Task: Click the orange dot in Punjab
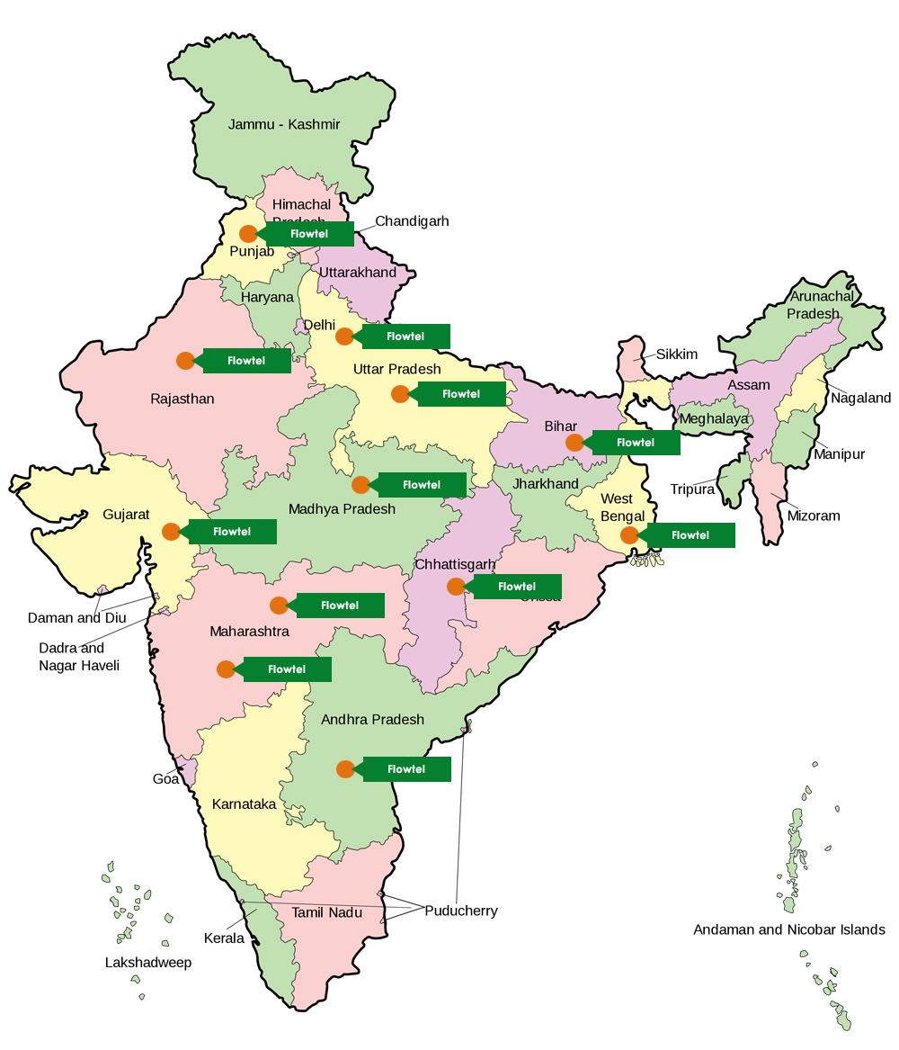point(248,234)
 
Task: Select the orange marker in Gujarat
point(171,532)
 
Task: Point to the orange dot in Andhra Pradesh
point(345,769)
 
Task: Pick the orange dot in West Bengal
point(629,535)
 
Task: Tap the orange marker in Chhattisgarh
point(456,587)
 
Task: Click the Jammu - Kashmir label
point(284,124)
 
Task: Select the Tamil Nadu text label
point(326,912)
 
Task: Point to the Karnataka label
point(244,803)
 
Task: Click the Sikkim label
point(676,354)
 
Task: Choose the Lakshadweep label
point(148,963)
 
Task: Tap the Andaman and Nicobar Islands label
point(788,929)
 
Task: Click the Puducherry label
point(461,911)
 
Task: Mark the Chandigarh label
point(412,221)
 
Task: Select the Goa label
point(165,779)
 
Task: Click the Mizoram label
point(814,516)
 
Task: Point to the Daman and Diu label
point(77,618)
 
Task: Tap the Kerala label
point(224,938)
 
